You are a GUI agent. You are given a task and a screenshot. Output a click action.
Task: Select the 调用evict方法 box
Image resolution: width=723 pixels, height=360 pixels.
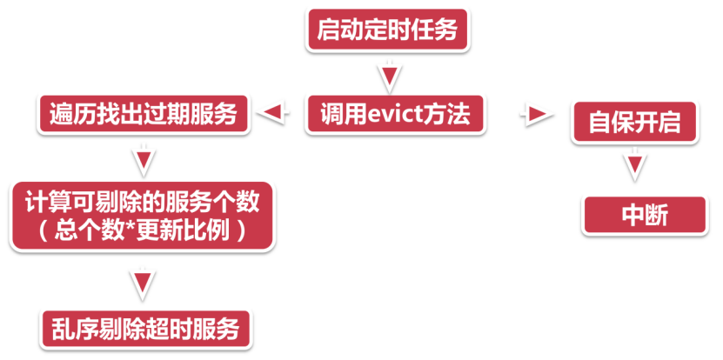(x=395, y=112)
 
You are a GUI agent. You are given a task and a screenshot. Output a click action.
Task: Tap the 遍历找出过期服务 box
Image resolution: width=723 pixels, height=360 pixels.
(x=144, y=113)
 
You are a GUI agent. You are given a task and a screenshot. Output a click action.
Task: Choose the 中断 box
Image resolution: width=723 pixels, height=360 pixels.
(x=645, y=215)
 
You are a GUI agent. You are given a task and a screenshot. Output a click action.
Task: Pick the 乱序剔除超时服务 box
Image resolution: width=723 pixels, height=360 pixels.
(x=144, y=330)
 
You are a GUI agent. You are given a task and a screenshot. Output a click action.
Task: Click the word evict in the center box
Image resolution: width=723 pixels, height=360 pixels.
(x=388, y=113)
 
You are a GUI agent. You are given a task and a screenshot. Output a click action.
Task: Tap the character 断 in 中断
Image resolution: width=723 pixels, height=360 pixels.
(x=657, y=215)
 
